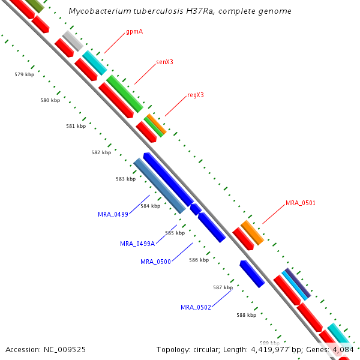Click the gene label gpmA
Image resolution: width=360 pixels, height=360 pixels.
[134, 31]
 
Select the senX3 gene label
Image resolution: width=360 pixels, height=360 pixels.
[164, 62]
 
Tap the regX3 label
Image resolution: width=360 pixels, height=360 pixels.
[196, 95]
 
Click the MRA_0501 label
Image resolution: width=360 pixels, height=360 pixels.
[300, 203]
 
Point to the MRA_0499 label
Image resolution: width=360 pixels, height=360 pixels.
[114, 214]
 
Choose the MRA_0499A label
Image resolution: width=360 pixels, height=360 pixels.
[137, 244]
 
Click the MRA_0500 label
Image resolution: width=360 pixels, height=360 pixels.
[156, 262]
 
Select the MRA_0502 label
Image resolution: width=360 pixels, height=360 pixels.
[196, 307]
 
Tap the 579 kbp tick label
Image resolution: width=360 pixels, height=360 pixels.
[25, 74]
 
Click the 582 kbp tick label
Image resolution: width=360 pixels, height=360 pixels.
[101, 152]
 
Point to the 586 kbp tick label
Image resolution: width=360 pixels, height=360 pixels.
[199, 260]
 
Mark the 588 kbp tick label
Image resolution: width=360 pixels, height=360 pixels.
[246, 314]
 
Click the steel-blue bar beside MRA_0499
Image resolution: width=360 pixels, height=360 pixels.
[159, 185]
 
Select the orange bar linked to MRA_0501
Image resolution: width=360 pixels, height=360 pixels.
[253, 232]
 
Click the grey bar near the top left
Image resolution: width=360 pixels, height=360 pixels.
[73, 41]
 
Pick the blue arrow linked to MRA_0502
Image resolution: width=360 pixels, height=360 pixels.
[252, 274]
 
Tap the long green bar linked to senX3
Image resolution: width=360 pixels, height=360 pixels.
[125, 94]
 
